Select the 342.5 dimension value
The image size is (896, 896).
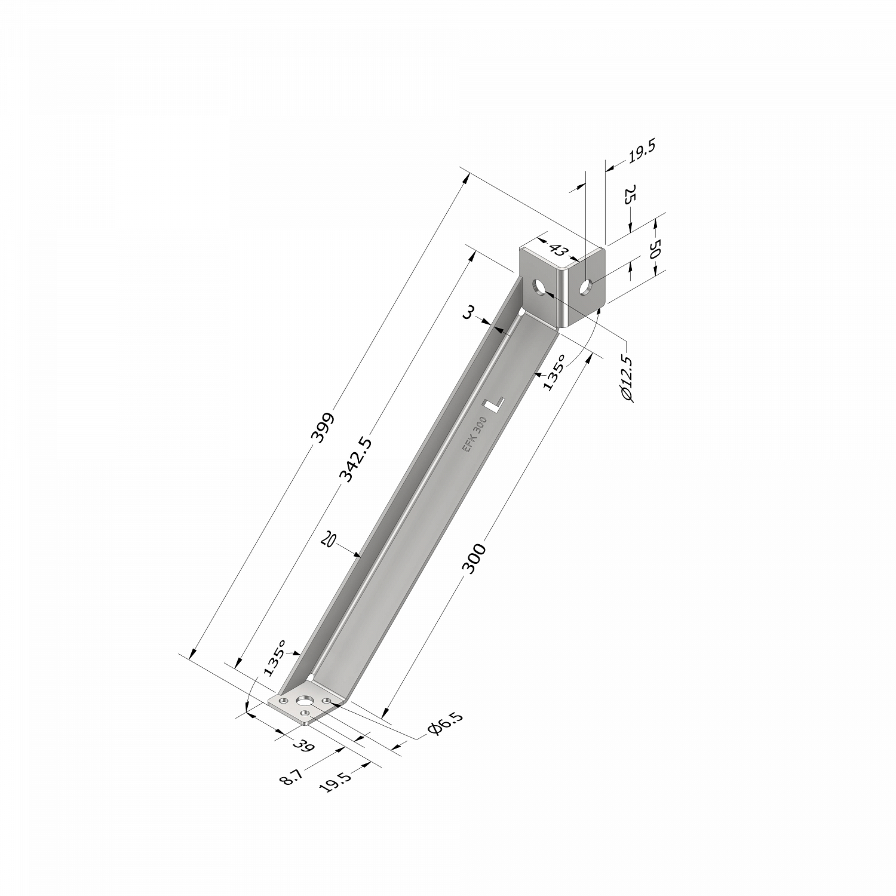(x=355, y=459)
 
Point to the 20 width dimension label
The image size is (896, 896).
(x=328, y=540)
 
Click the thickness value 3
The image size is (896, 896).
(x=470, y=312)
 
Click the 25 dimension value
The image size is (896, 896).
(x=630, y=194)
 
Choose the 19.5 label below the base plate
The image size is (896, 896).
(x=335, y=779)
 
